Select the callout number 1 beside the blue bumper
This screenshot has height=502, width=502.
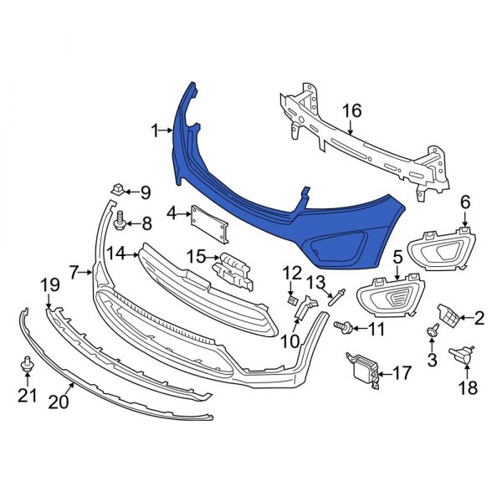pos(156,130)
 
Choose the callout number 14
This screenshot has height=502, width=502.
pos(117,253)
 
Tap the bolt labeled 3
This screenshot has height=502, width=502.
pos(433,332)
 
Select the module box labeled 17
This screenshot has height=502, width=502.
pos(363,369)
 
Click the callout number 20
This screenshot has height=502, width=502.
pos(58,402)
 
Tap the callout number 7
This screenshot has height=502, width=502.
pos(74,272)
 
